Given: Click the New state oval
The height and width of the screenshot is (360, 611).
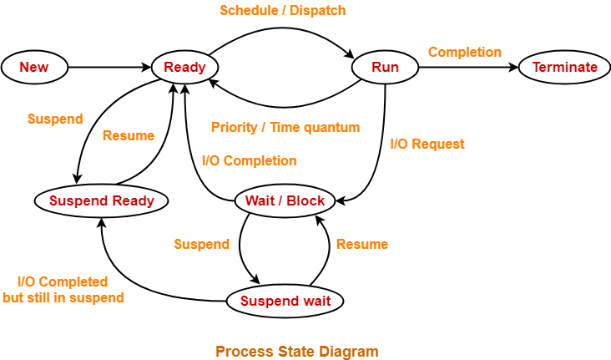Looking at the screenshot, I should click(34, 68).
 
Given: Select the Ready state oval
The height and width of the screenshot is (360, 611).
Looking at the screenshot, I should click(184, 68).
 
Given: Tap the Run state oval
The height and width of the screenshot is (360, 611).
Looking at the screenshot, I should click(385, 68).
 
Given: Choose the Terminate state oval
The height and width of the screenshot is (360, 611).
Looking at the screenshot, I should click(564, 68).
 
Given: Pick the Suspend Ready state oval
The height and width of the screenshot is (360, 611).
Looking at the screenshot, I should click(101, 200).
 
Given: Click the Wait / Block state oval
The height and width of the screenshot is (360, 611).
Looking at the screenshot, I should click(285, 200).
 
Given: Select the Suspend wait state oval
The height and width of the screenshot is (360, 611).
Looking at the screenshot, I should click(285, 301).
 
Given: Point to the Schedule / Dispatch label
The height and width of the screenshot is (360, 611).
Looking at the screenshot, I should click(282, 11).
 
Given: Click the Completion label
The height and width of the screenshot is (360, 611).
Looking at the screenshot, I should click(465, 52).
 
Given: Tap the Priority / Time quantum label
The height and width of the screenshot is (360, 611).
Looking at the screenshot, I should click(285, 128).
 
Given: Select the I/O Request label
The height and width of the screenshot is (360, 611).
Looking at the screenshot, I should click(427, 144).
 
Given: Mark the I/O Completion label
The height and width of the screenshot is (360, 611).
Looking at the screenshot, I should click(249, 160).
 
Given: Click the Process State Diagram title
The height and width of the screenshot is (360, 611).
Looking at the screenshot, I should click(296, 351).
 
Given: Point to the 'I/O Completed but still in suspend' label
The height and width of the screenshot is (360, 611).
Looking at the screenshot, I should click(63, 290).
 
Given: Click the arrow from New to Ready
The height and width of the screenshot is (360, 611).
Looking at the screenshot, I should click(109, 68).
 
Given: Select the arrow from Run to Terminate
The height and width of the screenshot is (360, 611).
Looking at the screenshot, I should click(467, 68).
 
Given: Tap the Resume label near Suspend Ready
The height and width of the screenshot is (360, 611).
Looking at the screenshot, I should click(128, 135).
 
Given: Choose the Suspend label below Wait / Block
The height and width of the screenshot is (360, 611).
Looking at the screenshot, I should click(201, 244).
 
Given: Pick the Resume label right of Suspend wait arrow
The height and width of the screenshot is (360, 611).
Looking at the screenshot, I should click(361, 244).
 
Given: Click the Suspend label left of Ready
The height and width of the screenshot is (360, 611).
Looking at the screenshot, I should click(55, 119).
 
